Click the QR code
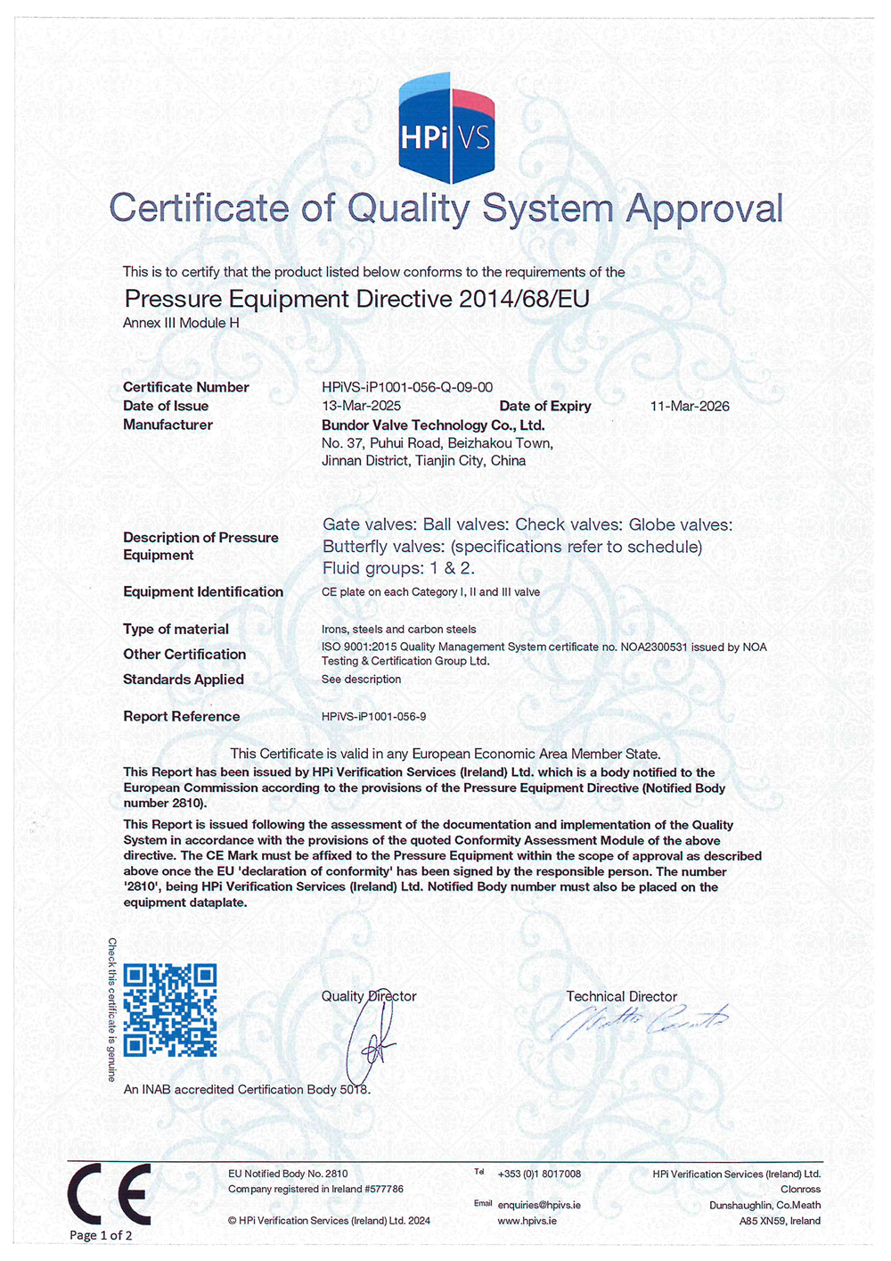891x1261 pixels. pyautogui.click(x=169, y=1010)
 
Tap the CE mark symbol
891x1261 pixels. pyautogui.click(x=109, y=1193)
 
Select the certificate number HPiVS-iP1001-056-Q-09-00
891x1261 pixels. pyautogui.click(x=407, y=387)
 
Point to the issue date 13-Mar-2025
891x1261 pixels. pyautogui.click(x=361, y=406)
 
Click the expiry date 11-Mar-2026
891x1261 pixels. pyautogui.click(x=690, y=406)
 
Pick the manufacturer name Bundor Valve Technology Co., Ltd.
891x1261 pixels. pyautogui.click(x=433, y=425)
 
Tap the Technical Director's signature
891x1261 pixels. pyautogui.click(x=639, y=1022)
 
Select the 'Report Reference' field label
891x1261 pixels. pyautogui.click(x=182, y=716)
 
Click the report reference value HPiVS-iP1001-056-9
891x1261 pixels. pyautogui.click(x=373, y=716)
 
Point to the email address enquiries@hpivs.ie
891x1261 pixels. pyautogui.click(x=539, y=1205)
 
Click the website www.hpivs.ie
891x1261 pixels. pyautogui.click(x=527, y=1220)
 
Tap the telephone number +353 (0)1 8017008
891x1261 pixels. pyautogui.click(x=539, y=1174)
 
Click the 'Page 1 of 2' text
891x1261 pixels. pyautogui.click(x=101, y=1235)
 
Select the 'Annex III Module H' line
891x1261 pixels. pyautogui.click(x=181, y=323)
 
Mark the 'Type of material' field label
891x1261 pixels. pyautogui.click(x=176, y=629)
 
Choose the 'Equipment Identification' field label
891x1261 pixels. pyautogui.click(x=203, y=591)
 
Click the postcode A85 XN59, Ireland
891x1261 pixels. pyautogui.click(x=780, y=1221)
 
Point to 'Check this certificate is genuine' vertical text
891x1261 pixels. pyautogui.click(x=112, y=1010)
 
